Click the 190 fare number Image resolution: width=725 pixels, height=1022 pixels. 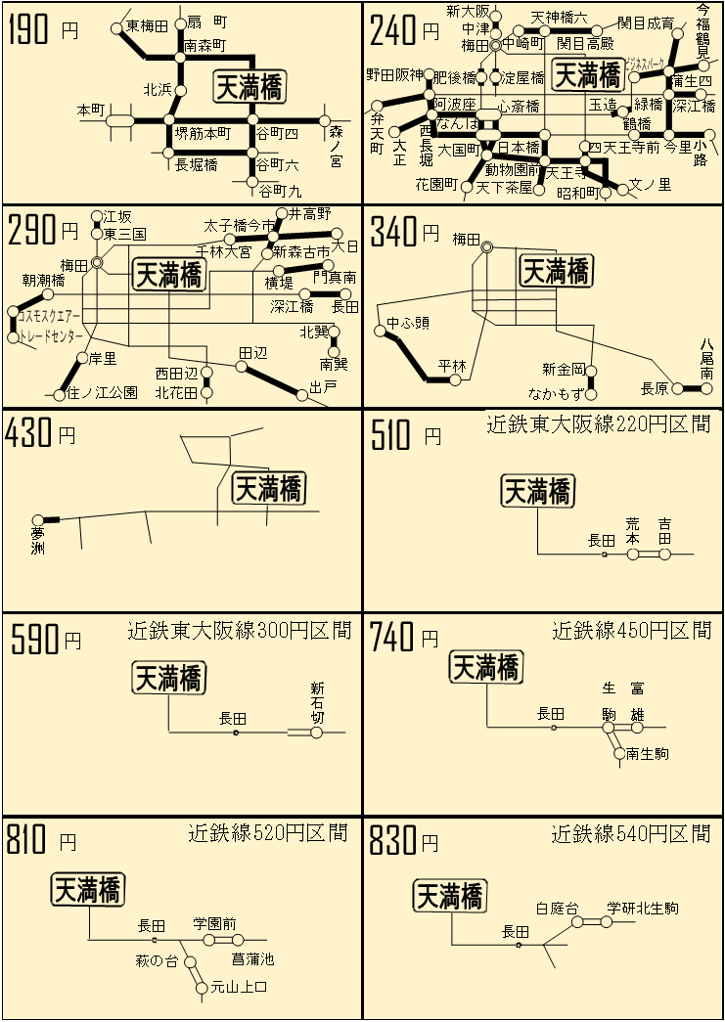[28, 31]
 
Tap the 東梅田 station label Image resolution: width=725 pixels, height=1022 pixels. [147, 26]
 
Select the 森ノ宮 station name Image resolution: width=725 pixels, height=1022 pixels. [336, 146]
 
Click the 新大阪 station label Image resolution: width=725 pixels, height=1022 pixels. [466, 12]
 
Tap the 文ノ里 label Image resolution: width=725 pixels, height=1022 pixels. [650, 183]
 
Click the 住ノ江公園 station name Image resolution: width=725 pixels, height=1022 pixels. [102, 393]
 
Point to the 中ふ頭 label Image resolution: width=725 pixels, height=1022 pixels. [407, 323]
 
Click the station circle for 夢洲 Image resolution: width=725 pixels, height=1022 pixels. [38, 519]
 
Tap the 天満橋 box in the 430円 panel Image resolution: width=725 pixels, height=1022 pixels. [268, 487]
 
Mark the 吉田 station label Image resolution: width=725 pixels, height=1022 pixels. [665, 531]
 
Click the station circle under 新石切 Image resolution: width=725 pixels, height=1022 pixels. [316, 732]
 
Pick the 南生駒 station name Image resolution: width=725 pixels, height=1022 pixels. [649, 754]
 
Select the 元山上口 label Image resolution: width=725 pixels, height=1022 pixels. [239, 988]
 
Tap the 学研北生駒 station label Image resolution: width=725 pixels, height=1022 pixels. [642, 908]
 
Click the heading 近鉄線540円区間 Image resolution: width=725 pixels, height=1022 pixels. [630, 834]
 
